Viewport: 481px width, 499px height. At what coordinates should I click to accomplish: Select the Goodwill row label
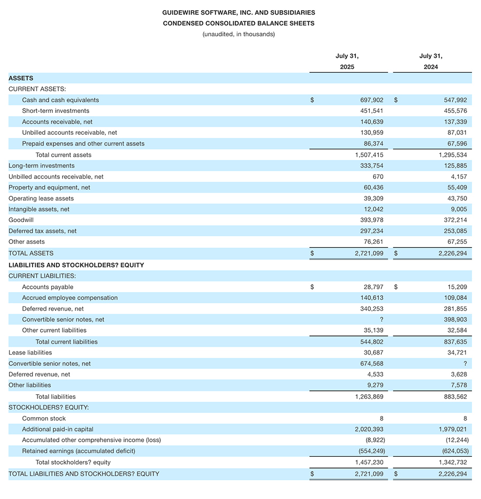pyautogui.click(x=20, y=220)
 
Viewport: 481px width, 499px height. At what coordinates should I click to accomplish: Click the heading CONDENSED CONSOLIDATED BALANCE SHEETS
pyautogui.click(x=238, y=23)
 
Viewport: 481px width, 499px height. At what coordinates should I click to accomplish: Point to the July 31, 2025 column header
pyautogui.click(x=347, y=61)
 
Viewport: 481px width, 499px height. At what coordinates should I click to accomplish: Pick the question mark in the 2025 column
pyautogui.click(x=381, y=319)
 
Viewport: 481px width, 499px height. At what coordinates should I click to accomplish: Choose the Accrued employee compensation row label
pyautogui.click(x=69, y=298)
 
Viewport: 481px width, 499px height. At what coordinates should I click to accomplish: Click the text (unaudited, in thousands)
pyautogui.click(x=238, y=34)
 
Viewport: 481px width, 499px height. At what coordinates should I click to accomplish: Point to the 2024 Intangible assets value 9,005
pyautogui.click(x=459, y=210)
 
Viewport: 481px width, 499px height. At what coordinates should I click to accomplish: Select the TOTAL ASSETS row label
pyautogui.click(x=31, y=254)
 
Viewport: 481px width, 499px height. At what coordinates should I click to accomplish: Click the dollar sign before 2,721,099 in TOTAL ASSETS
pyautogui.click(x=312, y=254)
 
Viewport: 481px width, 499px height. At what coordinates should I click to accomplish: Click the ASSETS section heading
pyautogui.click(x=21, y=78)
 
